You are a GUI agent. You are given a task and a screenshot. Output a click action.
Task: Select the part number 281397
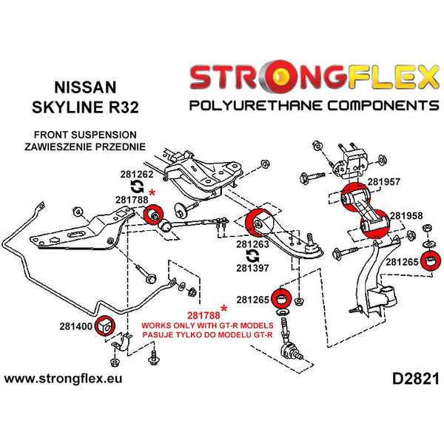coord(253,268)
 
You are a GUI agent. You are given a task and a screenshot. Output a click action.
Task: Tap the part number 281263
coord(253,243)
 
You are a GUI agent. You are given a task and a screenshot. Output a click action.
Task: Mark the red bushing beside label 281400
coord(103,326)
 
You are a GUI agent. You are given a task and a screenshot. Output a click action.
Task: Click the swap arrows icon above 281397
coord(252,255)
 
